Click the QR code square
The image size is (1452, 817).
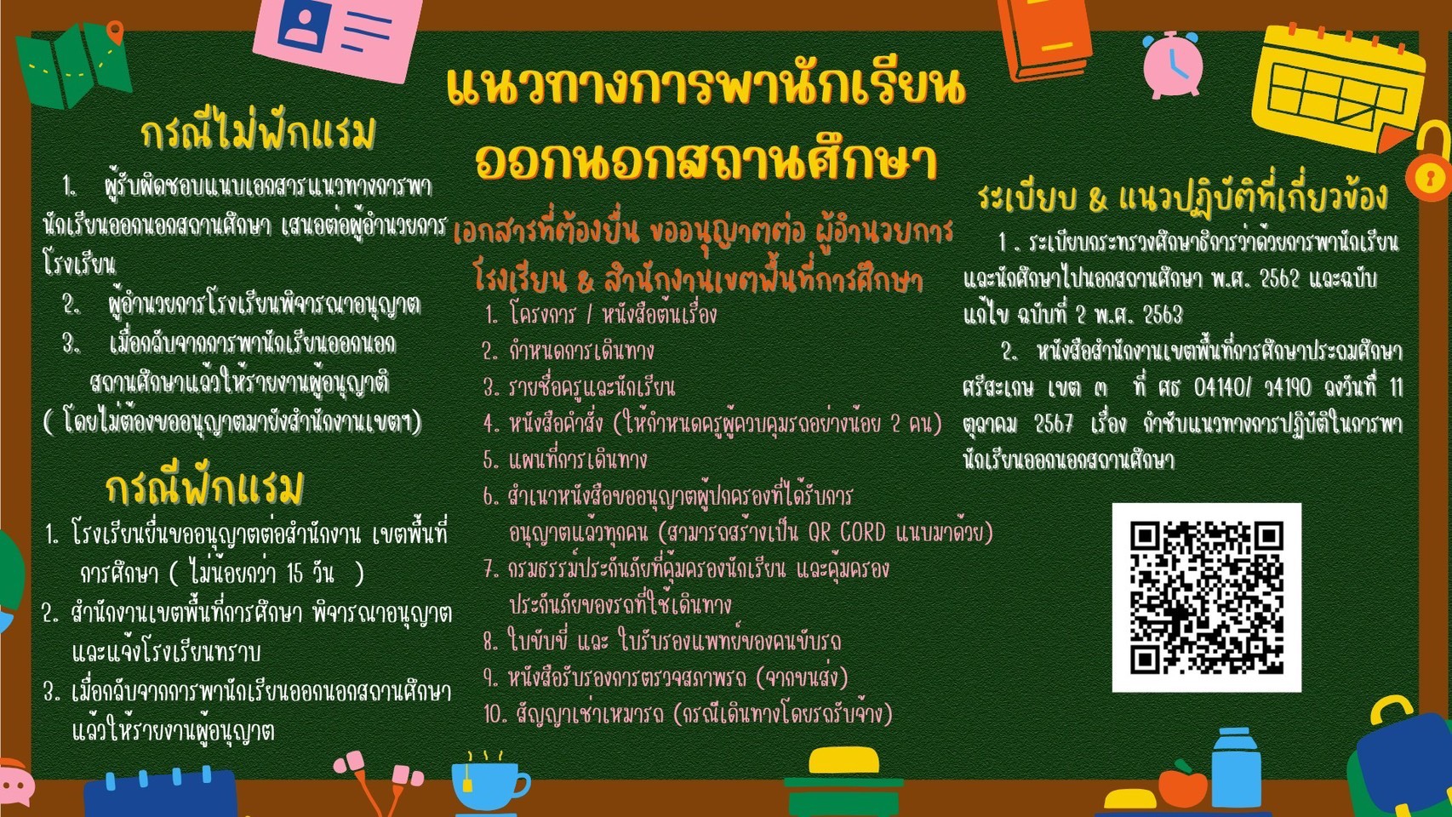[1206, 597]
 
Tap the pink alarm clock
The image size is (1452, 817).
[1173, 65]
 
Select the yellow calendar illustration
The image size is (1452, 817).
[1339, 88]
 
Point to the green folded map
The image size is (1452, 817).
[72, 65]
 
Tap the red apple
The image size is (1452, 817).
[1183, 785]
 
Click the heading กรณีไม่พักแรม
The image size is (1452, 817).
[258, 134]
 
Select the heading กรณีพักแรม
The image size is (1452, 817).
[205, 488]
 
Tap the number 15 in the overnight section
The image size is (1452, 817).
[295, 574]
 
